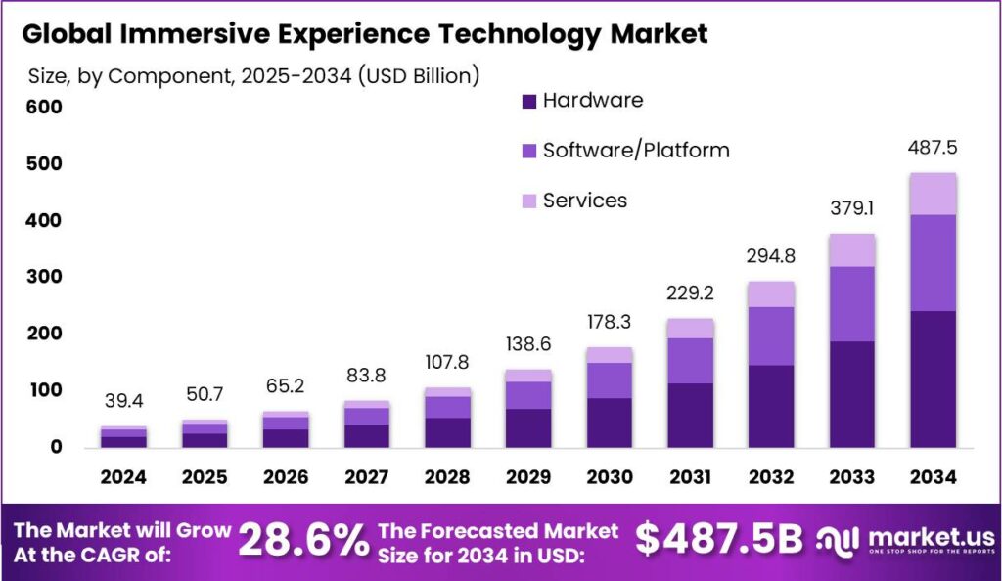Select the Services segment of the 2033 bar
coord(851,250)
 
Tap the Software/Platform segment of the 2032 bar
coord(771,336)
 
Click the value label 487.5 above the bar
coord(932,148)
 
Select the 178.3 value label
coord(610,323)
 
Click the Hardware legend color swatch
coord(529,101)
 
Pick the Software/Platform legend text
coord(636,150)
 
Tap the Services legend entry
coord(584,201)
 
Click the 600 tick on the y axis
coord(45,107)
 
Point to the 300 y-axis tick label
coord(45,277)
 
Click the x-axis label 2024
coord(123,477)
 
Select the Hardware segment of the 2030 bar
coord(610,423)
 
